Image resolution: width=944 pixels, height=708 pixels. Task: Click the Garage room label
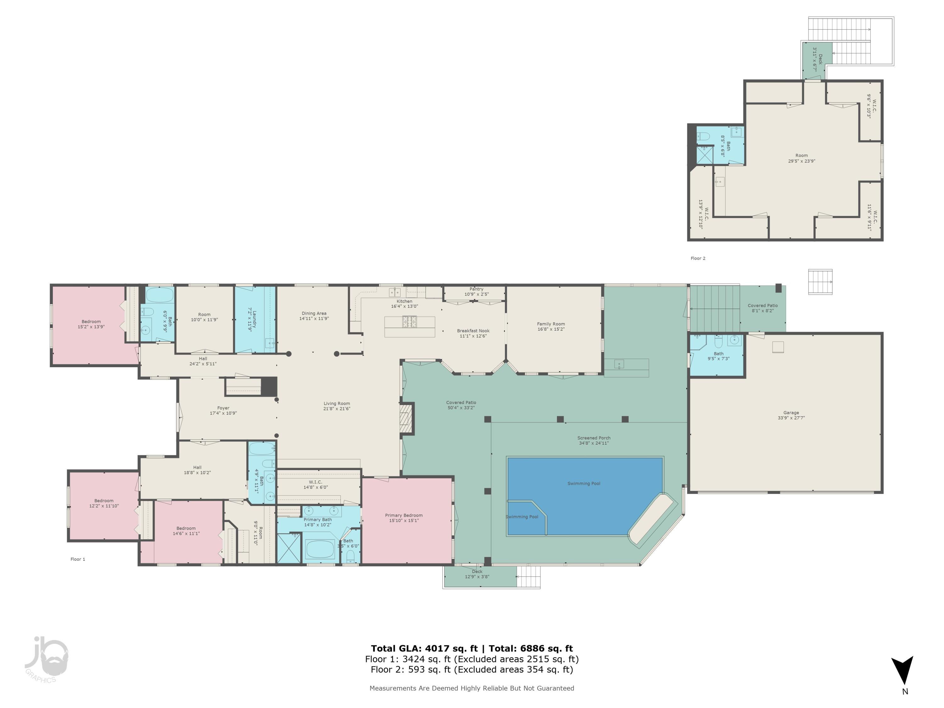[791, 413]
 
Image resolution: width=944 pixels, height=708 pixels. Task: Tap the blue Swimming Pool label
[583, 484]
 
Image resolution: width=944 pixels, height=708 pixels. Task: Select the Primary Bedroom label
[404, 515]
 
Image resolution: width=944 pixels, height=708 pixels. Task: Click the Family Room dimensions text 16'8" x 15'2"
[551, 329]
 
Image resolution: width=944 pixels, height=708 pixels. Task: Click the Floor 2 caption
[698, 258]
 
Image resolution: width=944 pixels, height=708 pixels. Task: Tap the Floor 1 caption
[78, 559]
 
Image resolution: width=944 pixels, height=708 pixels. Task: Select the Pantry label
[476, 289]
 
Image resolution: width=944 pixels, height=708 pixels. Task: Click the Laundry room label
[254, 319]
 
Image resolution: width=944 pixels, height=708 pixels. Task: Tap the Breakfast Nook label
[473, 331]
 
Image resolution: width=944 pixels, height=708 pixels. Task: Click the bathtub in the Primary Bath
[320, 549]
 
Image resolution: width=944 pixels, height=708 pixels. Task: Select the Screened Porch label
[594, 438]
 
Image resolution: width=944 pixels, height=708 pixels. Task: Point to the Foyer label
[223, 408]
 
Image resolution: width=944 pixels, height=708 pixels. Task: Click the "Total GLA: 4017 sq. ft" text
[424, 649]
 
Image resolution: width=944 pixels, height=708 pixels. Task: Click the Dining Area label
[314, 313]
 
